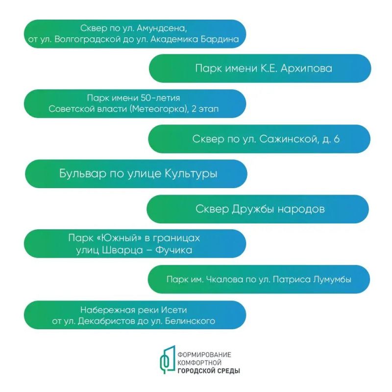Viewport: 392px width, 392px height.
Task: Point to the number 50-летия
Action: point(160,98)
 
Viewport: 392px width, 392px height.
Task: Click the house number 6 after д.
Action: point(337,139)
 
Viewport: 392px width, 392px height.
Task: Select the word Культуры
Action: point(192,174)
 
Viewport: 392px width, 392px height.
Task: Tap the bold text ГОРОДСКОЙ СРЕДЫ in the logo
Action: point(209,371)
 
